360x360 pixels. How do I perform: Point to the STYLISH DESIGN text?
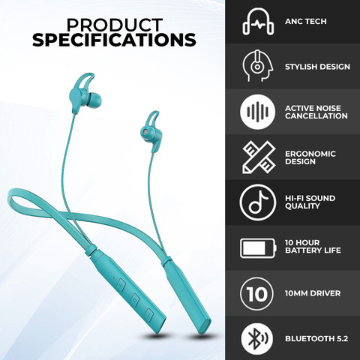pyautogui.click(x=317, y=67)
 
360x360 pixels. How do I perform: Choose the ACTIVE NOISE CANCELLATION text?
pyautogui.click(x=316, y=112)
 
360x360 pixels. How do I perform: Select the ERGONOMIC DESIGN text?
pyautogui.click(x=310, y=157)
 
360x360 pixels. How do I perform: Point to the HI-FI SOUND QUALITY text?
pyautogui.click(x=310, y=202)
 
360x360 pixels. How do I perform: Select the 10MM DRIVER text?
pyautogui.click(x=312, y=293)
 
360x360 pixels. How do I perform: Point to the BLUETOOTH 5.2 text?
pyautogui.click(x=315, y=338)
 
